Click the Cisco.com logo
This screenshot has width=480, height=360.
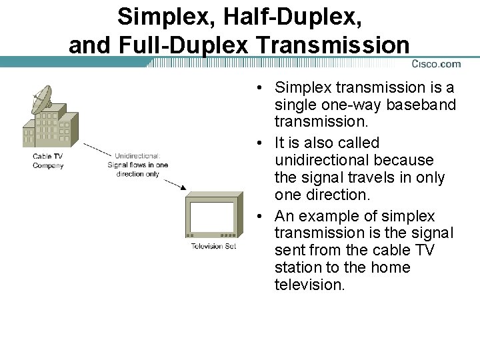pyautogui.click(x=436, y=64)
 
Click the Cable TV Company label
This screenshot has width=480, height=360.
pyautogui.click(x=48, y=161)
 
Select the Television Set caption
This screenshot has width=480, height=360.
pyautogui.click(x=213, y=246)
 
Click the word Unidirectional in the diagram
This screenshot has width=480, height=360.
pyautogui.click(x=137, y=157)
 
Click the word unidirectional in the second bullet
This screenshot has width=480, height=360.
pyautogui.click(x=321, y=160)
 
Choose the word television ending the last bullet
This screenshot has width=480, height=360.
pyautogui.click(x=309, y=285)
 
